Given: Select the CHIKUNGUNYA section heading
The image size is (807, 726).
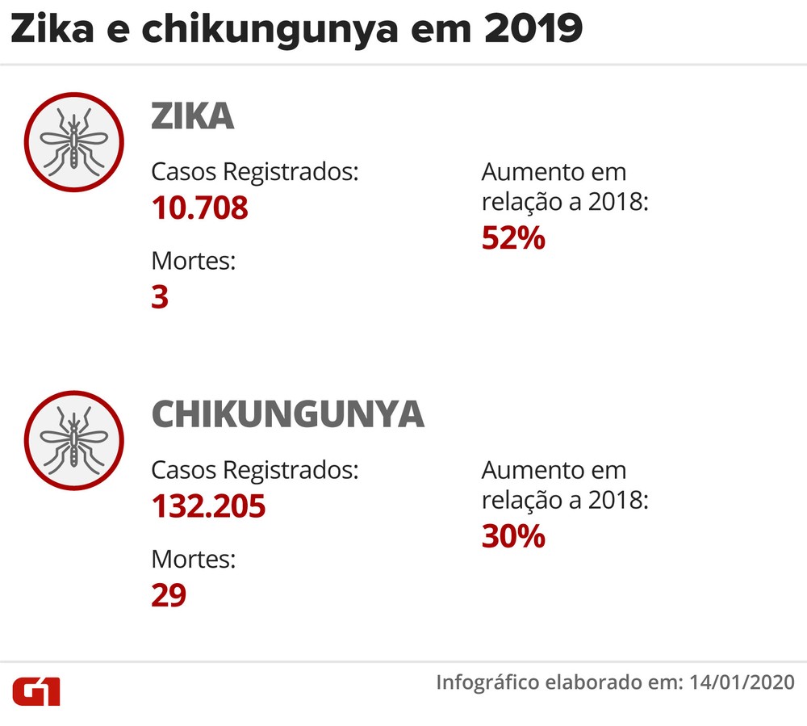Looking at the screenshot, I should point(287,415).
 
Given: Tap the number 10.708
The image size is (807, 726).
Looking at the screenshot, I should point(200,208).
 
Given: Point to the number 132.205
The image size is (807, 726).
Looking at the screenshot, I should point(208,507).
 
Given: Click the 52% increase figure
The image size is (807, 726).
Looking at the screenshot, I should point(513,238).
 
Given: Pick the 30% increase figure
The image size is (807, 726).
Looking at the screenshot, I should point(513,536).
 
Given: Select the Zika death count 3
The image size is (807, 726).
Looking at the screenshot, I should point(160,297).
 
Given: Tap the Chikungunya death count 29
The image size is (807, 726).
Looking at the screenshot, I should point(169,595).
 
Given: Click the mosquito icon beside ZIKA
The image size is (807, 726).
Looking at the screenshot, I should point(73,143).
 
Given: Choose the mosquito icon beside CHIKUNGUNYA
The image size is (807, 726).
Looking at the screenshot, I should point(73,440).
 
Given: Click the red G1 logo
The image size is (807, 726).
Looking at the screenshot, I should point(36,691).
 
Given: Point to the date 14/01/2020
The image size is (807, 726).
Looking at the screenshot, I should point(742,682).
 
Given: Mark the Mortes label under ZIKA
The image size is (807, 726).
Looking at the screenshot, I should point(193,262).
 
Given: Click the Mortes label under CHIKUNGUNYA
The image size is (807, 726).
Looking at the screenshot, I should point(193,559).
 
